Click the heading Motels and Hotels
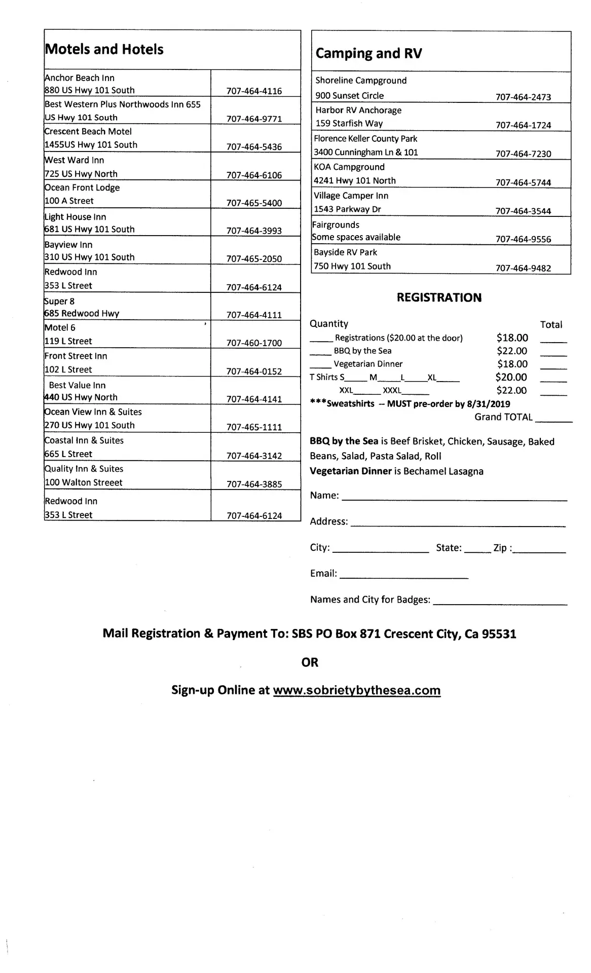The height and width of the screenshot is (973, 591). (x=104, y=49)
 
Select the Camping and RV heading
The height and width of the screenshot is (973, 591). (x=368, y=53)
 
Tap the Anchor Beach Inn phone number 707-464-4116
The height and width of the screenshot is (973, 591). (x=254, y=91)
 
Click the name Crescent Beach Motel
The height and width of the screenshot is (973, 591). (x=88, y=131)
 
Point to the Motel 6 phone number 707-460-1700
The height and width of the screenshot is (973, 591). (x=254, y=343)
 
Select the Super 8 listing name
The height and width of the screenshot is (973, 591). (x=60, y=301)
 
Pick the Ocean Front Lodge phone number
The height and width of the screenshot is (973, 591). (x=254, y=203)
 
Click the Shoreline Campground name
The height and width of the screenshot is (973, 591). (x=361, y=81)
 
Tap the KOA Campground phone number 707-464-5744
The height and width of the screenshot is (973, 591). (x=523, y=182)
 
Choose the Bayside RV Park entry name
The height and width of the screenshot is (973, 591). (x=346, y=252)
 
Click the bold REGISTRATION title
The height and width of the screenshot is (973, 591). (x=439, y=297)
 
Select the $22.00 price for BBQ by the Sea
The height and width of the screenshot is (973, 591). (x=512, y=351)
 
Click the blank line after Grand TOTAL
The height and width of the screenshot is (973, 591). (x=553, y=421)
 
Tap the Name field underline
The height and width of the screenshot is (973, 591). (x=454, y=500)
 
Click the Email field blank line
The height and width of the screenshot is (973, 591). (x=404, y=577)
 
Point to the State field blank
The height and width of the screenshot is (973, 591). (x=477, y=551)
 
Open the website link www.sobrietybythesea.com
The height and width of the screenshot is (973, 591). (x=357, y=690)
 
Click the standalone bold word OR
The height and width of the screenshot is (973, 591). (x=310, y=662)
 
